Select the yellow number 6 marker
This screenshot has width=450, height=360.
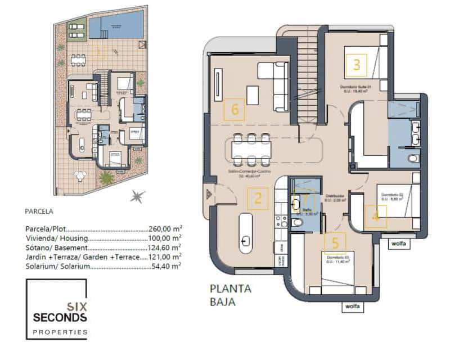pyautogui.click(x=235, y=109)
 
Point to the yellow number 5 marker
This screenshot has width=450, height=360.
pyautogui.click(x=335, y=242)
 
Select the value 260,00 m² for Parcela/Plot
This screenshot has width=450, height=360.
pyautogui.click(x=165, y=229)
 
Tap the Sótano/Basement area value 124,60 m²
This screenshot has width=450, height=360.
pyautogui.click(x=164, y=247)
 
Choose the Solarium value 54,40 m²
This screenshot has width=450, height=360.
pyautogui.click(x=166, y=265)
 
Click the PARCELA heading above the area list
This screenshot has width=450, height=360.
pyautogui.click(x=39, y=212)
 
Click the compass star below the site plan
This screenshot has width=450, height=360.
pyautogui.click(x=136, y=196)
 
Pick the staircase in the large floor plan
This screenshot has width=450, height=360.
pyautogui.click(x=307, y=73)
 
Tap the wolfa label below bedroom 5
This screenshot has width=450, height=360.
pyautogui.click(x=352, y=307)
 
